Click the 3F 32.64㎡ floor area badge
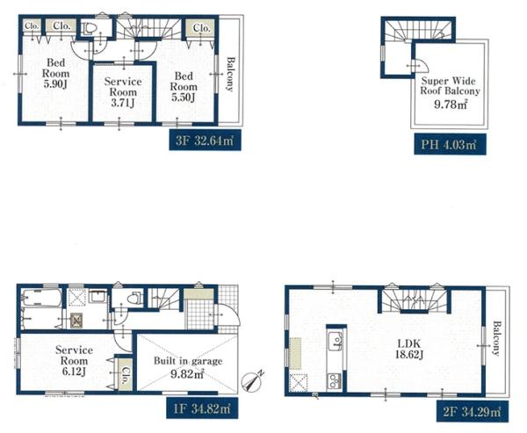pos(205,140)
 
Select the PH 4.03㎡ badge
pos(450,144)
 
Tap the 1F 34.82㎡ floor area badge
pos(202,408)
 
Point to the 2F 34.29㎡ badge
pos(473,412)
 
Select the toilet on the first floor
pos(134,298)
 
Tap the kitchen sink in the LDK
pos(336,341)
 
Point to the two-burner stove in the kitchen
pos(334,380)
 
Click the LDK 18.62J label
pos(408,349)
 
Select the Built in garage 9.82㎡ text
pos(188,368)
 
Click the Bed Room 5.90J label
pos(55,73)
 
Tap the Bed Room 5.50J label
pos(184,86)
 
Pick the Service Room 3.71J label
pos(123,91)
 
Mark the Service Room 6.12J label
pos(74,360)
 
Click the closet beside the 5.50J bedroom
pos(201,28)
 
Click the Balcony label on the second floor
pos(496,338)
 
